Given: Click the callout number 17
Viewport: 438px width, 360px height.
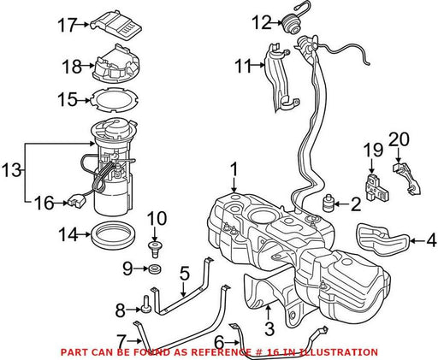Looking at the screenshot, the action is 68,25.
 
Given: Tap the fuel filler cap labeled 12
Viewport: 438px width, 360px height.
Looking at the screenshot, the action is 291,25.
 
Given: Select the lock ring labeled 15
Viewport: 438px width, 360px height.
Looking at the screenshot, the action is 114,100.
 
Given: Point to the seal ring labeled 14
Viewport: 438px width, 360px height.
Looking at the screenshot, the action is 113,236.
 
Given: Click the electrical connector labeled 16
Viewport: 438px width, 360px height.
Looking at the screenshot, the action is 75,200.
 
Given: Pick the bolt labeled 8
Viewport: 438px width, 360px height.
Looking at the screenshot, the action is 146,304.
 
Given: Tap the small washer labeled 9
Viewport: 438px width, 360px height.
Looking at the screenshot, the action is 155,269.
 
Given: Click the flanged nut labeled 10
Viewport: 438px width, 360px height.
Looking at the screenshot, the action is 155,249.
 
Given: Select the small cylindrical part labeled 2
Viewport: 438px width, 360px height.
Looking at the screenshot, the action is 328,203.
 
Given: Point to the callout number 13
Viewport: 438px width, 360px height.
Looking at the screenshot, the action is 11,170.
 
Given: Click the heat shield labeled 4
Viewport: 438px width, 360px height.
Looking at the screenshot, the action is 383,239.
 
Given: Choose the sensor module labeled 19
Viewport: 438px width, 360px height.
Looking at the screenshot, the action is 376,186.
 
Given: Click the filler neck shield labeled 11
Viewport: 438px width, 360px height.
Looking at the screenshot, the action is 281,77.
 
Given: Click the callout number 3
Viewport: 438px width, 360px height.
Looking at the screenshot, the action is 269,328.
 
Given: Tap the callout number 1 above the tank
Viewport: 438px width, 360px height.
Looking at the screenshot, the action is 234,169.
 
